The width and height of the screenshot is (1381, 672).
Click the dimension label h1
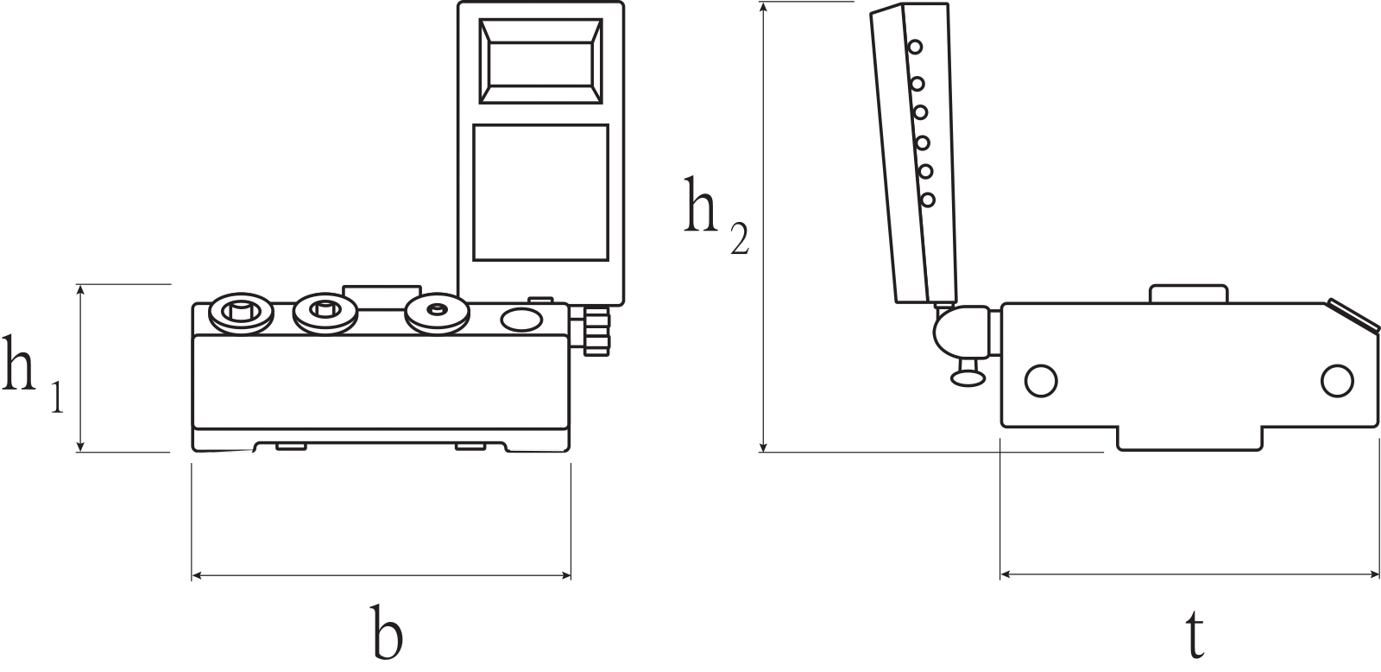tap(32, 374)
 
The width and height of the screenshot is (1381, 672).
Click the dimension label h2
tap(716, 215)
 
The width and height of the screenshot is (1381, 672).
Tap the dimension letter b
tap(387, 631)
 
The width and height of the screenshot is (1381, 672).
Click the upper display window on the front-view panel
tap(540, 60)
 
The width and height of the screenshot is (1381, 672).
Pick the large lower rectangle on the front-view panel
tap(540, 193)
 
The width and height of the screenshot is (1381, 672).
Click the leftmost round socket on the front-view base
tap(242, 313)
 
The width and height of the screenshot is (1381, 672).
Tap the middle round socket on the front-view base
tap(325, 313)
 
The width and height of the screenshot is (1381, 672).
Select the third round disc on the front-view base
tap(437, 314)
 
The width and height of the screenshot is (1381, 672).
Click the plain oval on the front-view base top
tap(521, 320)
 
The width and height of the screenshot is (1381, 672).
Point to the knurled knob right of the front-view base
tap(596, 332)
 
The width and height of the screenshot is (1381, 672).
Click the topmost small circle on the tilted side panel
tap(915, 47)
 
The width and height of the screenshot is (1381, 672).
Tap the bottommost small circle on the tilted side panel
tap(927, 200)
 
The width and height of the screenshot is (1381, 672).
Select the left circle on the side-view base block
tap(1041, 381)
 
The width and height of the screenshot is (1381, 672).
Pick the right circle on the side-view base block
tap(1337, 381)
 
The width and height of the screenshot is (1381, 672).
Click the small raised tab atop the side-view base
tap(1189, 294)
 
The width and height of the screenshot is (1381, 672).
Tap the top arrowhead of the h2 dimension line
tap(764, 9)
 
